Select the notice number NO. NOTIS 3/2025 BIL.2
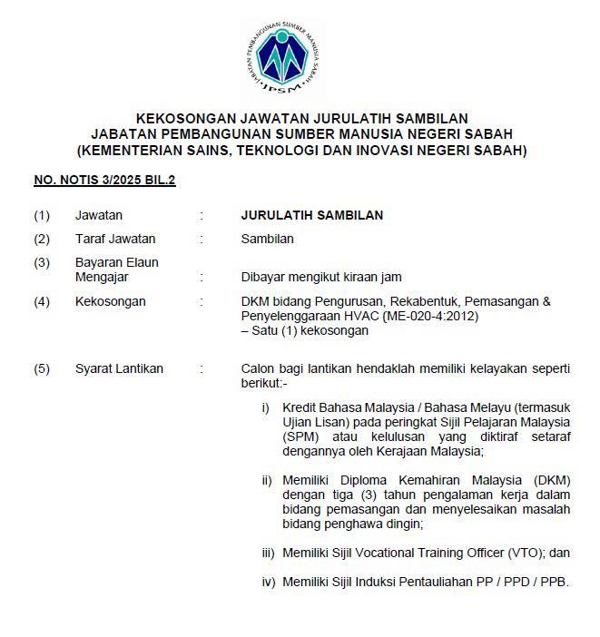(104, 181)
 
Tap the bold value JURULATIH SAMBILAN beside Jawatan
(311, 215)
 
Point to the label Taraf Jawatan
(115, 240)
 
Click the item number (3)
(42, 263)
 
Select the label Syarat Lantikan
(119, 368)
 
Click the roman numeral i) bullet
(265, 408)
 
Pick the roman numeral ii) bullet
(266, 481)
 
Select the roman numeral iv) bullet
(268, 582)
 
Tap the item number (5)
(42, 368)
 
